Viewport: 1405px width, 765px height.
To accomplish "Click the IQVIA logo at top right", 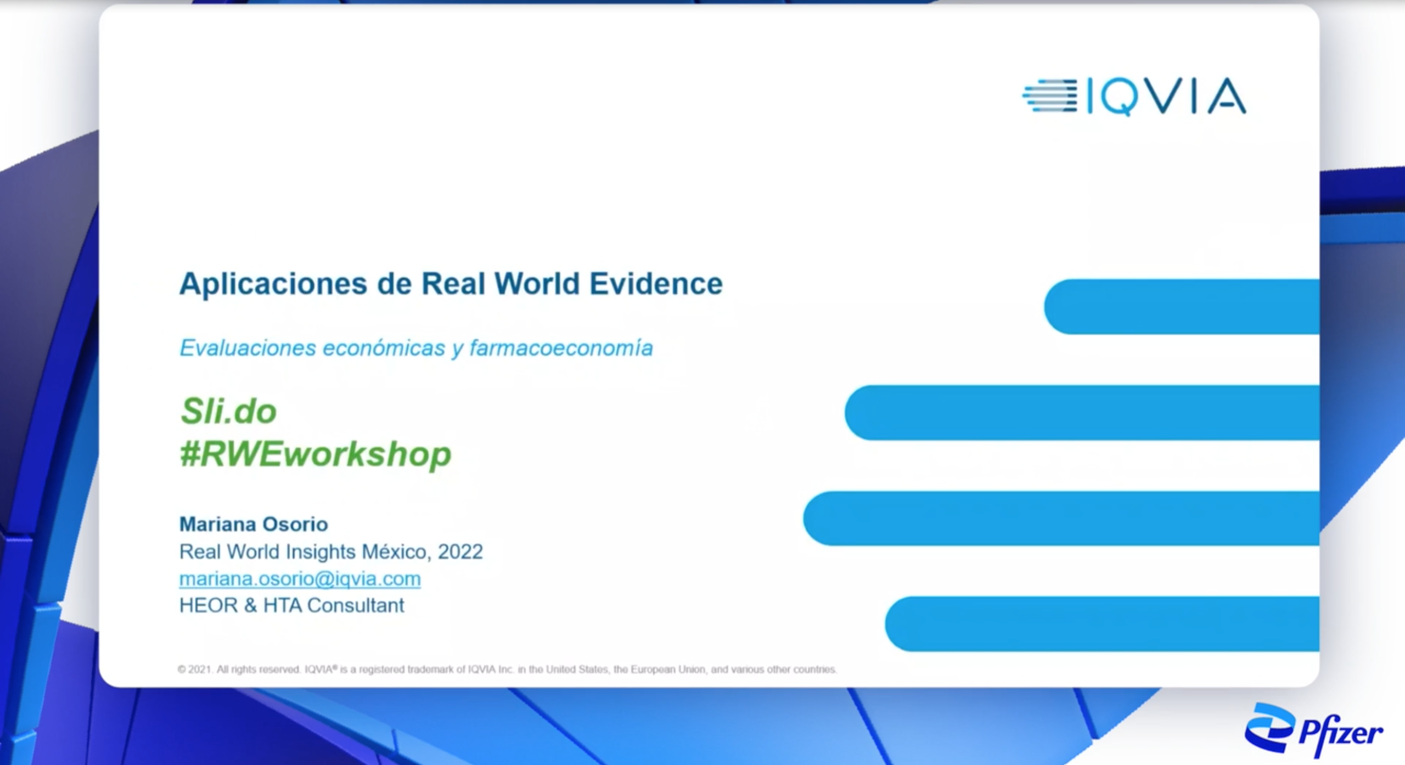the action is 1134,97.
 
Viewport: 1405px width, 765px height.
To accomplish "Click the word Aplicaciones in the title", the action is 273,284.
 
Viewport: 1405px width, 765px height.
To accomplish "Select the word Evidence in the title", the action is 656,284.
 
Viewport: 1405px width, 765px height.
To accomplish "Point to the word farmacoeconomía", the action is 561,348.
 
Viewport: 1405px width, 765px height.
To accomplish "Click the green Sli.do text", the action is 228,411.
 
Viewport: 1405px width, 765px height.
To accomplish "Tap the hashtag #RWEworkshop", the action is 316,454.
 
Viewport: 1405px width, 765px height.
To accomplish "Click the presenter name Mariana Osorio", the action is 254,524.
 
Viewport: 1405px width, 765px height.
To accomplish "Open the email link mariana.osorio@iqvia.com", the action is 300,578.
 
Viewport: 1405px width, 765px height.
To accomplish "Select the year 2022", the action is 460,552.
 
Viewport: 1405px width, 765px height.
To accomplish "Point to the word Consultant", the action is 356,605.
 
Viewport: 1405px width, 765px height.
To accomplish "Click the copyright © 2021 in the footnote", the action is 195,670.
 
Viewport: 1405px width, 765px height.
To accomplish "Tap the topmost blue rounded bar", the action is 1182,307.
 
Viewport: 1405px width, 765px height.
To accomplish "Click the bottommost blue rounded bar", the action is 1102,624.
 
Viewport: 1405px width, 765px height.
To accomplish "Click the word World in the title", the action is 537,284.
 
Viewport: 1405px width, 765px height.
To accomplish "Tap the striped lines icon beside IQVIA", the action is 1049,96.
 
